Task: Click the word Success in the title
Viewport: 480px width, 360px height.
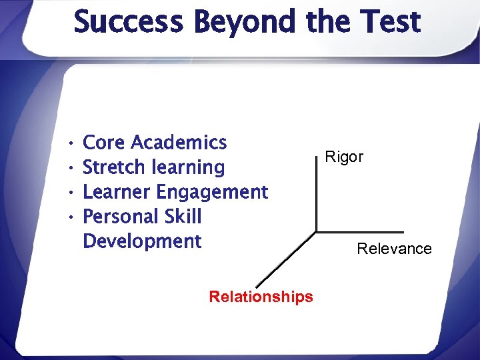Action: coord(127,22)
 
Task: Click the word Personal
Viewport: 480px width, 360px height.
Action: coord(121,217)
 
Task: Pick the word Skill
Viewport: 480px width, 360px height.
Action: coord(181,217)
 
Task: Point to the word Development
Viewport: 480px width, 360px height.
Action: coord(142,241)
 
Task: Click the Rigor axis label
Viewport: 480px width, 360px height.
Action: coord(344,157)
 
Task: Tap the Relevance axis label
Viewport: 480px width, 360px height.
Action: coord(394,249)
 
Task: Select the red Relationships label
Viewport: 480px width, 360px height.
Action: coord(261,297)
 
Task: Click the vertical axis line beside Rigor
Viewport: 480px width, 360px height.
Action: coord(315,193)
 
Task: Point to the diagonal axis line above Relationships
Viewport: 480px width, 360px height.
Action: coord(286,260)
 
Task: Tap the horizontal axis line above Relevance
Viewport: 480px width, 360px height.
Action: coord(360,232)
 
